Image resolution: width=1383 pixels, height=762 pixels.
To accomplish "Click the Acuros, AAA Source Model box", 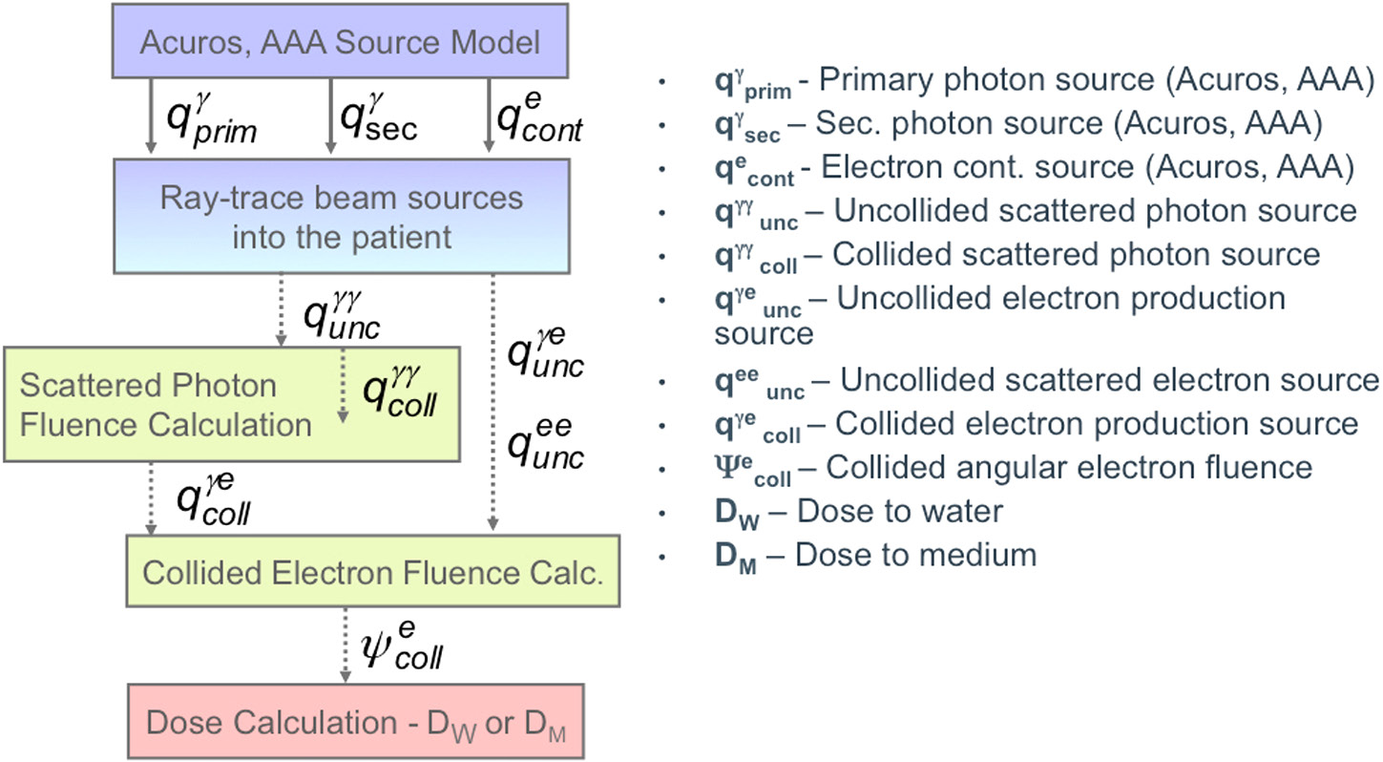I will pos(341,42).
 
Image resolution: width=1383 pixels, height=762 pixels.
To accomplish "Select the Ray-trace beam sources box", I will pos(341,216).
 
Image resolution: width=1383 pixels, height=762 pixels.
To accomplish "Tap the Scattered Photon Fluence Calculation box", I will pos(232,405).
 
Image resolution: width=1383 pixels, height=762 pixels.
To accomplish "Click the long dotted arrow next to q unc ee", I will pos(492,401).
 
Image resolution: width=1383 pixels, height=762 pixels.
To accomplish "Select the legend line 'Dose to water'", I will pos(858,512).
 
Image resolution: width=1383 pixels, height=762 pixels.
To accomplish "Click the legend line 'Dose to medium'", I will pos(874,554).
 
